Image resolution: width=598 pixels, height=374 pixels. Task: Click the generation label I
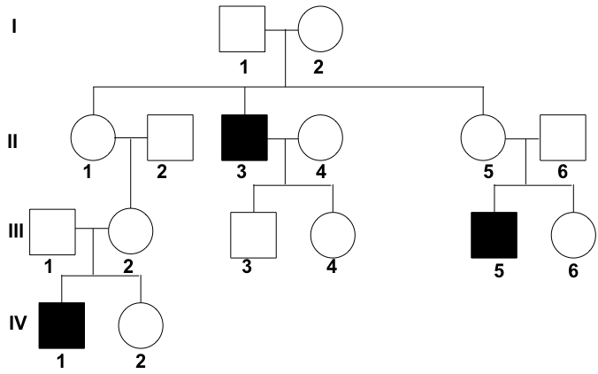point(14,27)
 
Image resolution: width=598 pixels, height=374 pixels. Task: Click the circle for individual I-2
point(320,30)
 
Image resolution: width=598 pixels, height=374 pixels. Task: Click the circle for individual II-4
point(320,139)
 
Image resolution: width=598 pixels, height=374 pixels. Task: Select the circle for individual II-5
point(483,139)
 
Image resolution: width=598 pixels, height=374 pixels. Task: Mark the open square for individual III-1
point(52,231)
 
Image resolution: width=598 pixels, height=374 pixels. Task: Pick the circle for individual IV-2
point(141,326)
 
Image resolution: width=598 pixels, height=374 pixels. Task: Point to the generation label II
point(14,137)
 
